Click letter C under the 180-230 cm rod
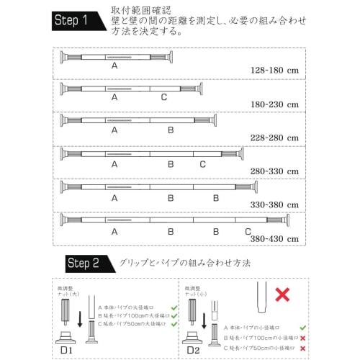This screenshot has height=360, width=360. coord(164,97)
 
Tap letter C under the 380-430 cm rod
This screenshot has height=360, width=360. coord(248,231)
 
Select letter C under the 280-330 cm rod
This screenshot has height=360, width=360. coord(203,164)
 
